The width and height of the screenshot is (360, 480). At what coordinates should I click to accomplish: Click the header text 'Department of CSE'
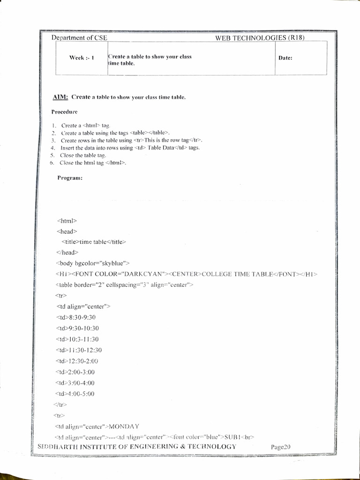pyautogui.click(x=80, y=38)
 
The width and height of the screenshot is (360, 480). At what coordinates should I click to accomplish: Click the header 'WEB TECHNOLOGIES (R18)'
pyautogui.click(x=260, y=38)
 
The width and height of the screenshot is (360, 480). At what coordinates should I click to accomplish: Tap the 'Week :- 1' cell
pyautogui.click(x=82, y=58)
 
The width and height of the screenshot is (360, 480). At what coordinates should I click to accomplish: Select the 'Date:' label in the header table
pyautogui.click(x=285, y=59)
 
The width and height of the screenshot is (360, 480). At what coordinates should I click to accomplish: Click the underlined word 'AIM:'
pyautogui.click(x=61, y=97)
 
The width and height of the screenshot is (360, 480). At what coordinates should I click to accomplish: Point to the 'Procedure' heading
pyautogui.click(x=65, y=112)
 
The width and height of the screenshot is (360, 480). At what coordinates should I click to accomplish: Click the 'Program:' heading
pyautogui.click(x=70, y=178)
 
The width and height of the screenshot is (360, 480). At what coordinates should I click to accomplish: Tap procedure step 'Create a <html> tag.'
pyautogui.click(x=85, y=126)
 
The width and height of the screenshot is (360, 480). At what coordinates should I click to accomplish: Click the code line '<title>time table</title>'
pyautogui.click(x=94, y=241)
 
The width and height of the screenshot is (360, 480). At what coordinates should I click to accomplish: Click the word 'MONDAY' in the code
pyautogui.click(x=124, y=426)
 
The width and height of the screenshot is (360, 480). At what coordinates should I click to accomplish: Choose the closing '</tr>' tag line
pyautogui.click(x=60, y=404)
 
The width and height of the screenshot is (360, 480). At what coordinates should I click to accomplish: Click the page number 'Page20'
pyautogui.click(x=281, y=447)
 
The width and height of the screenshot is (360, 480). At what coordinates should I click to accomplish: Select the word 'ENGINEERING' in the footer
pyautogui.click(x=165, y=446)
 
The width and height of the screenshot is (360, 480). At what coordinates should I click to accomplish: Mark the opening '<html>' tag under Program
pyautogui.click(x=63, y=220)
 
